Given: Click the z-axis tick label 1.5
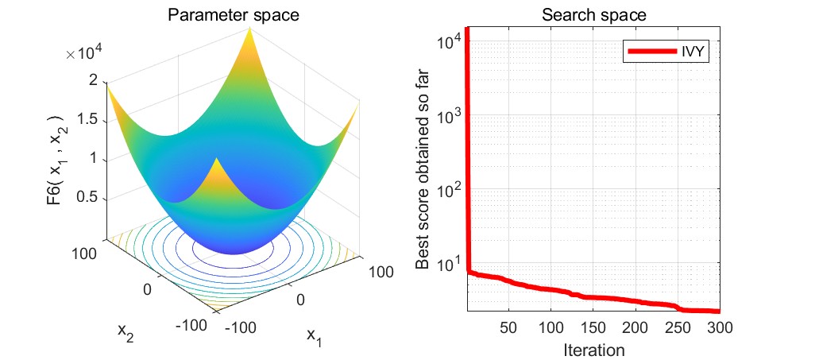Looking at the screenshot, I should coord(88,119).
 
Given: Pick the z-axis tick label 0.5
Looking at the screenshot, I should coord(88,196).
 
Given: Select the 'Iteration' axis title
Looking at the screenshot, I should coord(593,350).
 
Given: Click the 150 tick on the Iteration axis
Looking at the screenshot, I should coord(593,327).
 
